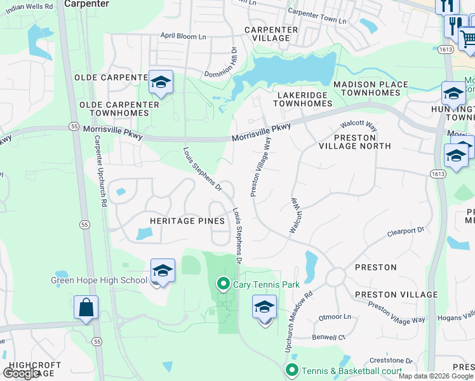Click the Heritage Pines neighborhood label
[187, 221]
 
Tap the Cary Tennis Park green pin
[223, 284]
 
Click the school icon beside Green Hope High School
[163, 271]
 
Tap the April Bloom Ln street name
[184, 36]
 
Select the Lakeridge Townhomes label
[304, 99]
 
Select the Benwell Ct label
[328, 337]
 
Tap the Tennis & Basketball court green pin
[292, 370]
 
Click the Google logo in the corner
[21, 373]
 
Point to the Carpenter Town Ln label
[317, 17]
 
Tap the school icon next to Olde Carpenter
[161, 83]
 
